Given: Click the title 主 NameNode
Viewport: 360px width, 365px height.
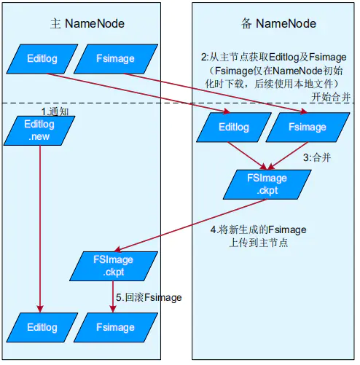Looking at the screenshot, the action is coord(87,24).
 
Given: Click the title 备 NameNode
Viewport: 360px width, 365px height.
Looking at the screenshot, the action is coord(278,24).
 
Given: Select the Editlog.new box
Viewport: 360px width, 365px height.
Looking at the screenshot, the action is coord(39,130).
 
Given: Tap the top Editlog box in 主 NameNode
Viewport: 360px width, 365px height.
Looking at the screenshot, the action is coord(42,59).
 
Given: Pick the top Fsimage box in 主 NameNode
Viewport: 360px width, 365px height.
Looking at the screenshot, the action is coord(116,59).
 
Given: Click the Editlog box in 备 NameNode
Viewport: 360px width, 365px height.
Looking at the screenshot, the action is coord(234,127).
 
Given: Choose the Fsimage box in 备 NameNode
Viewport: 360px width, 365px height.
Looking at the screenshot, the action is coord(308,127).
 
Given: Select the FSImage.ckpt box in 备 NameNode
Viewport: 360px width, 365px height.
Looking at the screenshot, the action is coord(267,184).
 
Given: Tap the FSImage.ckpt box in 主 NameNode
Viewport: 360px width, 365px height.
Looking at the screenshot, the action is coord(114,266).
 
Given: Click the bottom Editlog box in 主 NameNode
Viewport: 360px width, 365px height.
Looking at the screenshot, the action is coord(42,327).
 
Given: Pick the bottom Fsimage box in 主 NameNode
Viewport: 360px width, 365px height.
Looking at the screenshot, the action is coord(116,327).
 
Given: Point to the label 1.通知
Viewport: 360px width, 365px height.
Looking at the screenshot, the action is coord(55,111).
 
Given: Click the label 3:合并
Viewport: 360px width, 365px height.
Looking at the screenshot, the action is coord(317,157).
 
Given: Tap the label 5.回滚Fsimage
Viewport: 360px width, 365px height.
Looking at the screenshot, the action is coord(149,297).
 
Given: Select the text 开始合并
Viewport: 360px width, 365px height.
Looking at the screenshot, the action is coord(331,97).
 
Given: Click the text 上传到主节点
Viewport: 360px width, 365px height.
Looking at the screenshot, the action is coord(259,243).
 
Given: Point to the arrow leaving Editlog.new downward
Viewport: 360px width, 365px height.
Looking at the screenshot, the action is coord(40,229).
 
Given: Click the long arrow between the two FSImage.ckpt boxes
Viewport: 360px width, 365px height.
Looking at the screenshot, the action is coord(190,225).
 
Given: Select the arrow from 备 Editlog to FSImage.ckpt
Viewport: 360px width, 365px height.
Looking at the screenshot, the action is coord(247,156).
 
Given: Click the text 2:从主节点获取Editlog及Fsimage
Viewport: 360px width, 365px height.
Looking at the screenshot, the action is coord(274,58).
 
